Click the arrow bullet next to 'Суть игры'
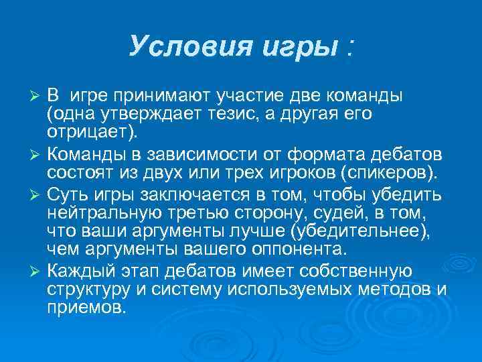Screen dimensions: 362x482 click(x=37, y=196)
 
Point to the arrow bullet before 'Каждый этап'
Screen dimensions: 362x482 click(x=37, y=271)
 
